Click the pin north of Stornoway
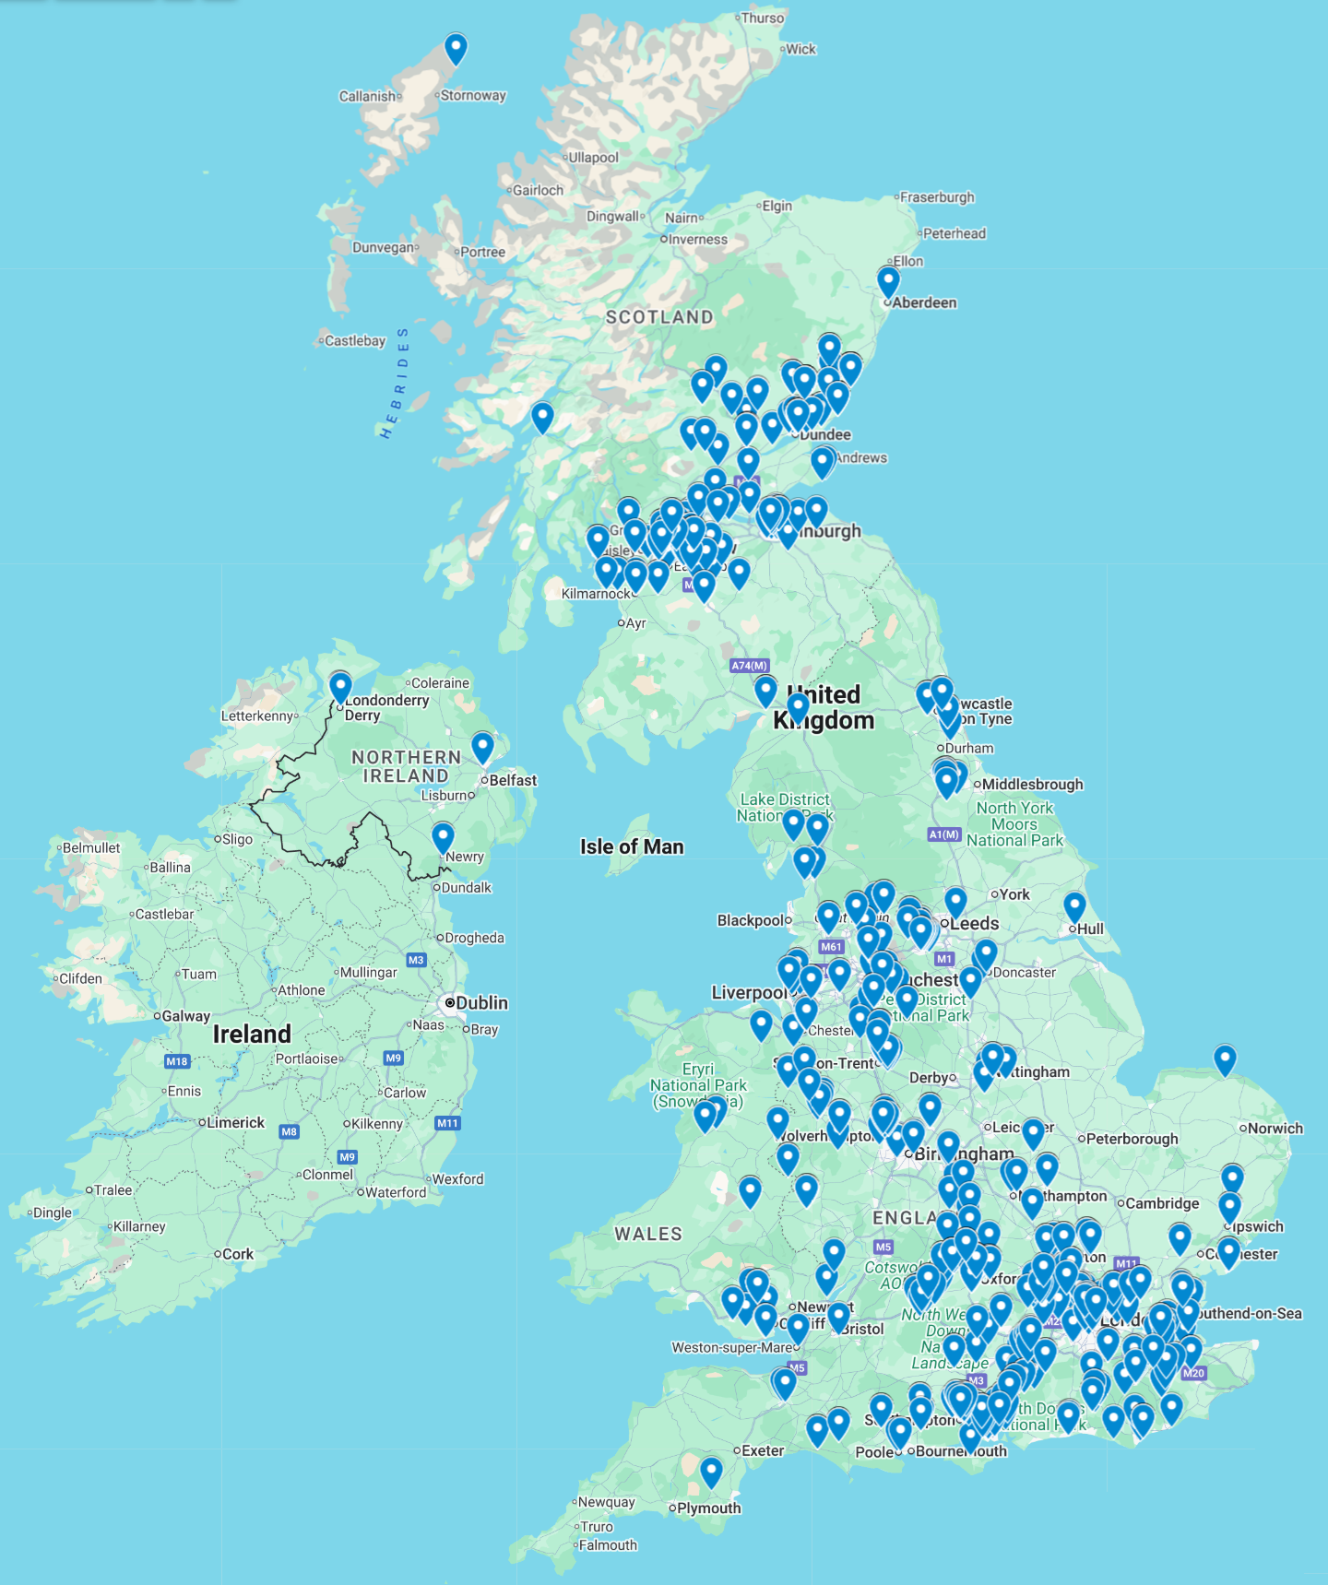pos(456,48)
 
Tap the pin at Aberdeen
pos(888,281)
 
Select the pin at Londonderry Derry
pos(340,687)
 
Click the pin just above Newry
pos(443,837)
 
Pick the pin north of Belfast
pos(482,747)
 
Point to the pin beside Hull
pos(1074,906)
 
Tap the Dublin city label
pos(481,1003)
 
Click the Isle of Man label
pos(632,846)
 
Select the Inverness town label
pos(697,240)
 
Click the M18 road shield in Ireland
pos(177,1061)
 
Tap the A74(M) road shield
pos(749,666)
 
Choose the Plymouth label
pos(708,1508)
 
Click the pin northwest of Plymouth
pos(711,1472)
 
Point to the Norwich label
pos(1275,1129)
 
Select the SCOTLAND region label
pos(659,317)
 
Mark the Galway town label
pos(185,1016)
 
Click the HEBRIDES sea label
pos(395,382)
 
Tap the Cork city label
pos(238,1255)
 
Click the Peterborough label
pos(1132,1139)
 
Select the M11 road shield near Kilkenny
pos(447,1123)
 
